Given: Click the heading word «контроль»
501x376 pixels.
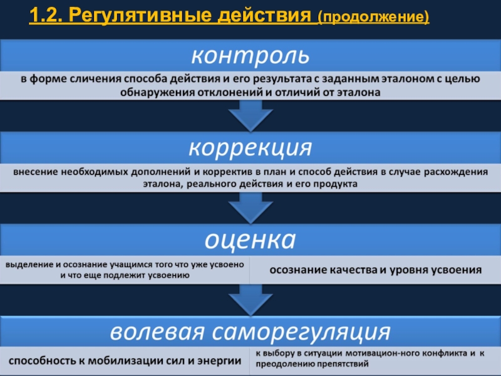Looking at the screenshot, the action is click(x=250, y=56).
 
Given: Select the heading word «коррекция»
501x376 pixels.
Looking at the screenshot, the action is click(x=250, y=149).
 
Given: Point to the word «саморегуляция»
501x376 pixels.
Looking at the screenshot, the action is click(x=312, y=330).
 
